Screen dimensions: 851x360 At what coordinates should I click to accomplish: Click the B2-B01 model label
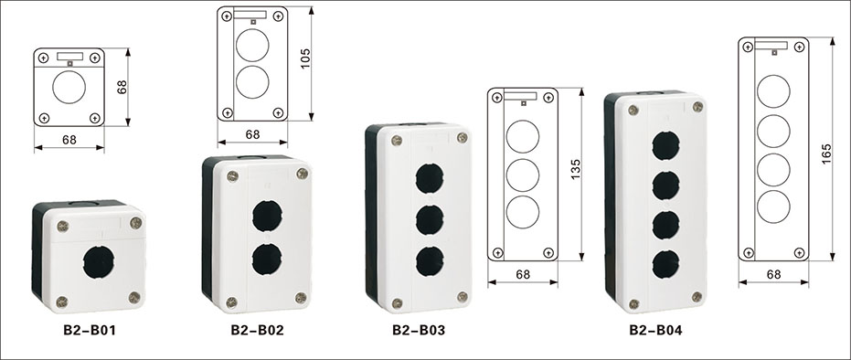[89, 330]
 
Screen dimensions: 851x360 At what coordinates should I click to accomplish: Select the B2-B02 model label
[257, 330]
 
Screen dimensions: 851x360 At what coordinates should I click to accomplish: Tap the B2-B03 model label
[419, 330]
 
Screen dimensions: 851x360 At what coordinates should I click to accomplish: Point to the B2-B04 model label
[655, 330]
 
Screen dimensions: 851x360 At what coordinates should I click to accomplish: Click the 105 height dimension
[305, 58]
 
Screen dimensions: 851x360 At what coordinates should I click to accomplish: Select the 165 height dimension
[826, 154]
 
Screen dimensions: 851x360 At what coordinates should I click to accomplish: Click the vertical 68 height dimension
[122, 87]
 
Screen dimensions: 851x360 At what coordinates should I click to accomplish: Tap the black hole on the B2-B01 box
[99, 262]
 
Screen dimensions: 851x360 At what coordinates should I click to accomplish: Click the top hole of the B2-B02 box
[267, 216]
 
